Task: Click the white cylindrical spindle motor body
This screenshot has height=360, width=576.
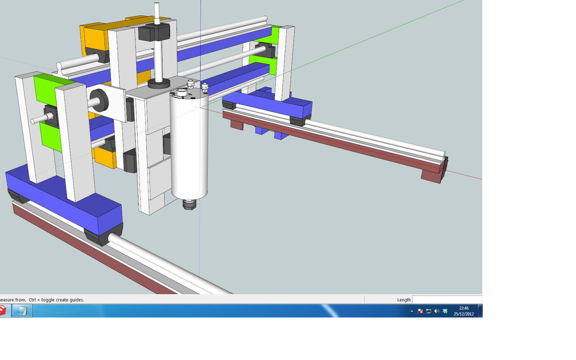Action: [x=189, y=144]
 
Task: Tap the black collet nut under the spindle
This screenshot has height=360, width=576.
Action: [x=190, y=205]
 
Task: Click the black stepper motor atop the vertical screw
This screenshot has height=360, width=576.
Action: [x=154, y=32]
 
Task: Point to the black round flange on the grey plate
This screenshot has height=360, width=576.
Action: [x=159, y=84]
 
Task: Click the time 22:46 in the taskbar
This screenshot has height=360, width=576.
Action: [x=464, y=308]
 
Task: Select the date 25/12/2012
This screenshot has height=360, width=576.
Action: [x=464, y=314]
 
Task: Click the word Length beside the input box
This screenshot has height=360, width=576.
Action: [x=404, y=300]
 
